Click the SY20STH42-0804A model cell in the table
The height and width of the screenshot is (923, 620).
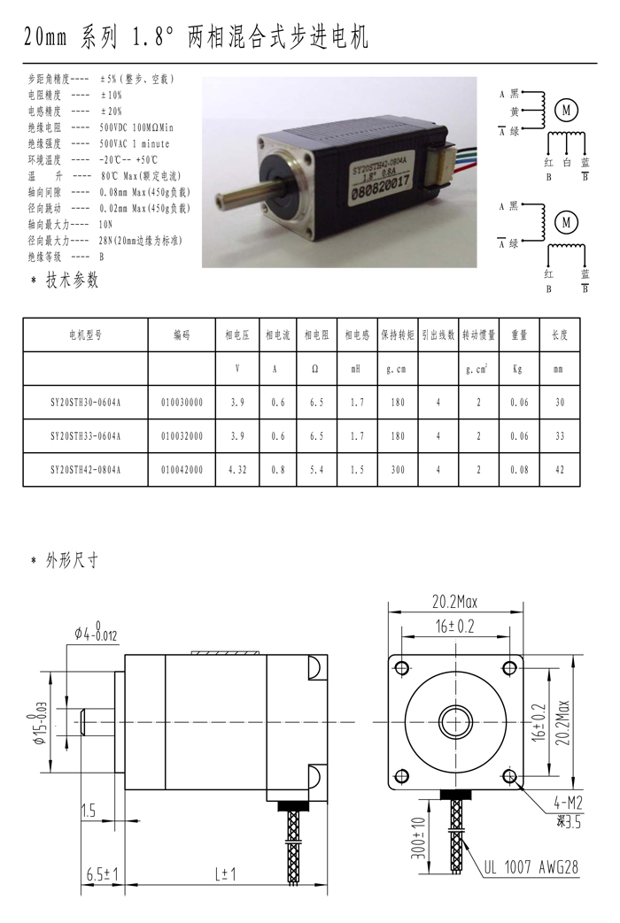point(85,470)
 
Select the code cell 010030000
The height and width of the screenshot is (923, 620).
point(182,403)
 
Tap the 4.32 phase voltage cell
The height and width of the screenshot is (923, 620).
point(237,470)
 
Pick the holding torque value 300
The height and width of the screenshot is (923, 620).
point(398,470)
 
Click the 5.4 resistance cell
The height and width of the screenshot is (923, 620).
point(316,470)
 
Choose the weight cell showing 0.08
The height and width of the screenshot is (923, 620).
point(519,470)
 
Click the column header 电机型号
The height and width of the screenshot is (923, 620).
point(85,335)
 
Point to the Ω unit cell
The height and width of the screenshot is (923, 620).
point(315,369)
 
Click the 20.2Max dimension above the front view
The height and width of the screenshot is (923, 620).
point(455,602)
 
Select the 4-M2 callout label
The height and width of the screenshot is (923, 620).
point(568,802)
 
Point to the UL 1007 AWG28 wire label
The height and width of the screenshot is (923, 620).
point(531,867)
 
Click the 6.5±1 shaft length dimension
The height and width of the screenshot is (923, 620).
point(103,874)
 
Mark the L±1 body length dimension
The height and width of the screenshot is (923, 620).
point(225,874)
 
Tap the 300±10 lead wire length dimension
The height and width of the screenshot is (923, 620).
point(418,838)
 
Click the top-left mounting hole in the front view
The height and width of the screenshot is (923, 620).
point(402,668)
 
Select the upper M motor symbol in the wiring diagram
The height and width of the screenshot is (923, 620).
point(567,110)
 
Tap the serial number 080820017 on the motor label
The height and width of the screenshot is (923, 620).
point(380,189)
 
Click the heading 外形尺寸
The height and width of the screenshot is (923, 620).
point(72,560)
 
